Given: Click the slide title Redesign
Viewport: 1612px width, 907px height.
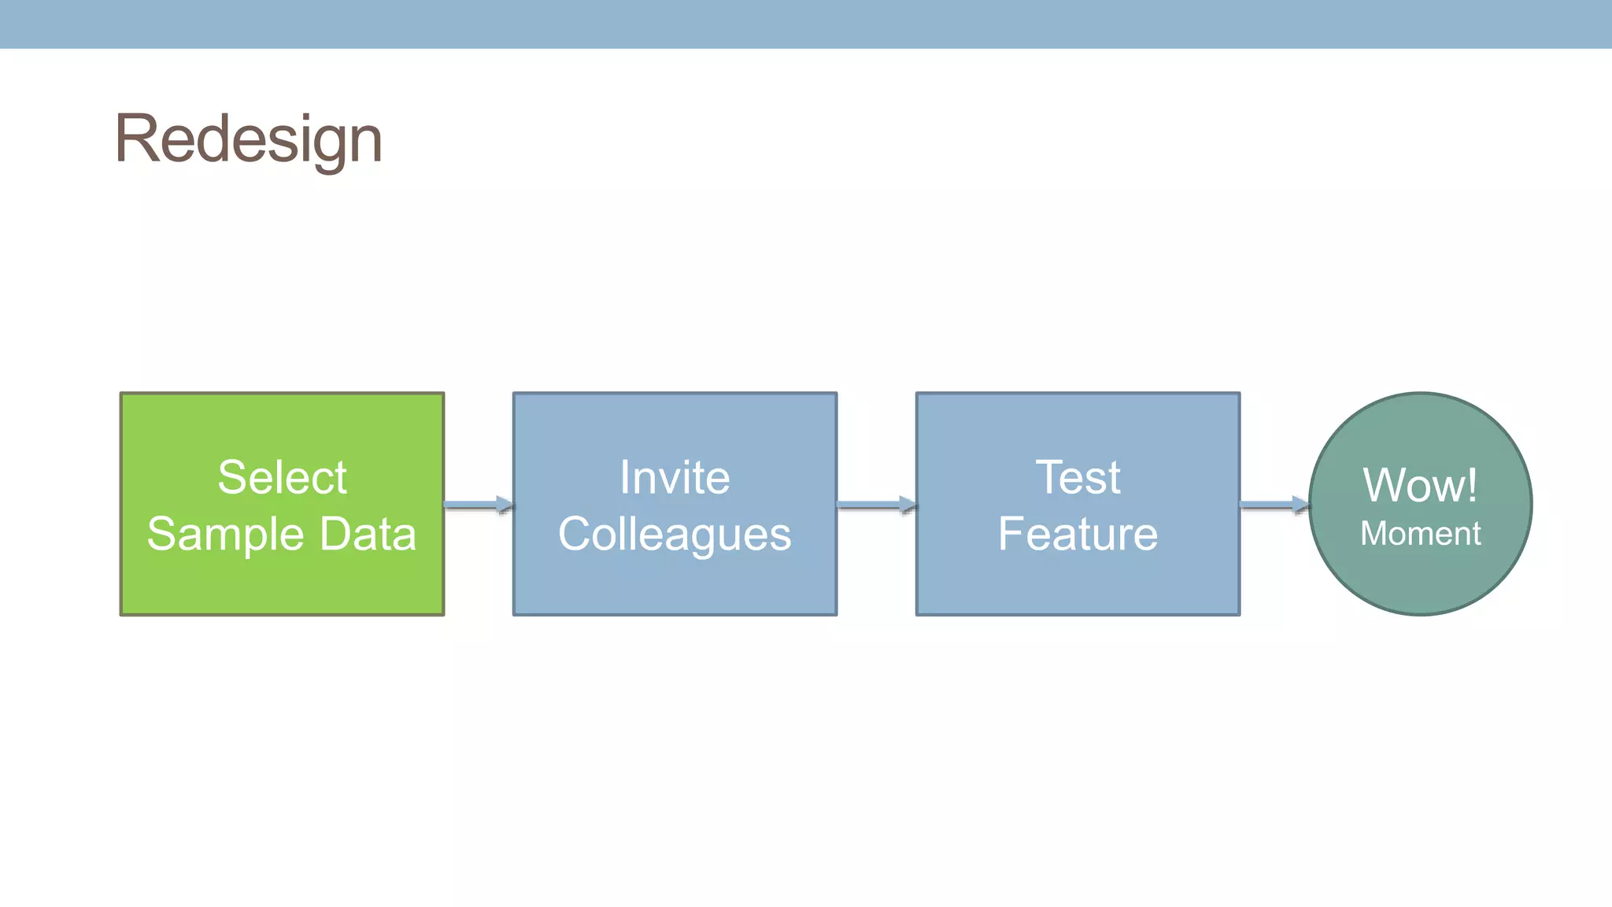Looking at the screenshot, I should [x=249, y=139].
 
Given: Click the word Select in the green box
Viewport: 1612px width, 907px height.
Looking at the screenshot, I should [x=282, y=477].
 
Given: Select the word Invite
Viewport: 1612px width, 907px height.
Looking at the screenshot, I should [x=675, y=477].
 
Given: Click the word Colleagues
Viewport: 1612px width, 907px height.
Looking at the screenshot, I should [x=675, y=535].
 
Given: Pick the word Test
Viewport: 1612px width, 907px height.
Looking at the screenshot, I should [x=1078, y=477].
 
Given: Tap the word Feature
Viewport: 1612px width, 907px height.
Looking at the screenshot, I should [x=1078, y=534].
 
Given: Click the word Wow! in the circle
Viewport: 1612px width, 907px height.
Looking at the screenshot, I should [x=1420, y=485].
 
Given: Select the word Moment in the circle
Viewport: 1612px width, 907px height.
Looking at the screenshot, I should [x=1421, y=534].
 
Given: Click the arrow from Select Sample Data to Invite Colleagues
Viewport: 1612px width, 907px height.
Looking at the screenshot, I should [x=479, y=505].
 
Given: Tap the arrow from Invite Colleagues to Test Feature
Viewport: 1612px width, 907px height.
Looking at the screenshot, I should [x=876, y=505].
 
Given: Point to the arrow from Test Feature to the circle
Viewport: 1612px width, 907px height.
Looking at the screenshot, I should [x=1274, y=505].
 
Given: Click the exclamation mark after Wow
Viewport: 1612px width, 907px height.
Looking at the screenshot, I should [x=1472, y=485].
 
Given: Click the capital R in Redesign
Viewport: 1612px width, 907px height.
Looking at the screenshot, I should [x=135, y=139].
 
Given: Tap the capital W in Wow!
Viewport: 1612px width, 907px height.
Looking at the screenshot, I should [x=1388, y=485].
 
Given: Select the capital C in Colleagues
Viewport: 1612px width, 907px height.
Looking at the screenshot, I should [x=576, y=535].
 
